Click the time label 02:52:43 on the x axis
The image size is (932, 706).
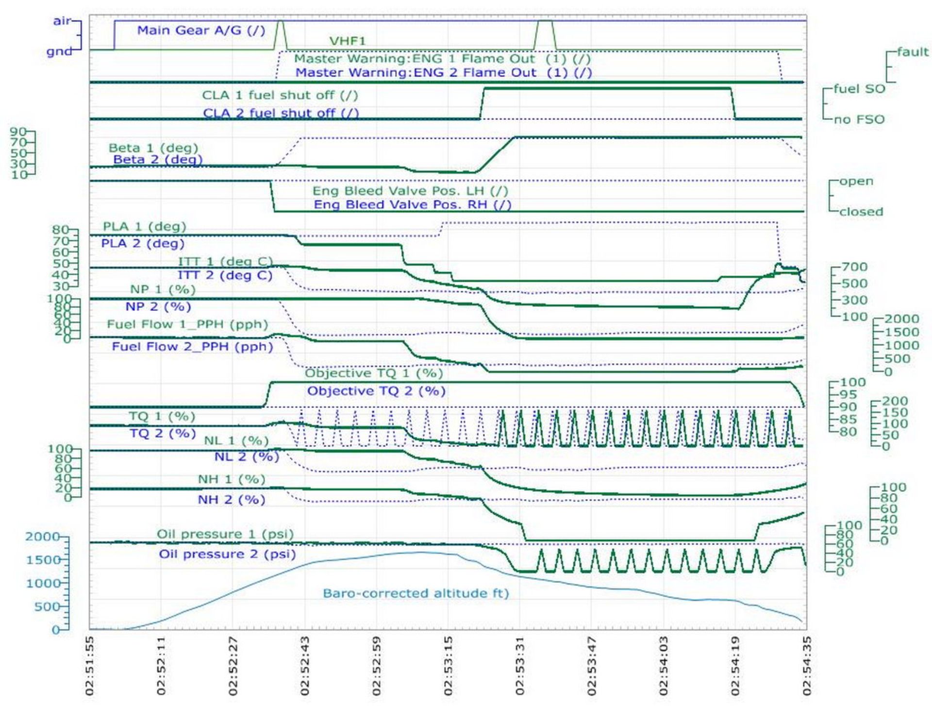(x=304, y=665)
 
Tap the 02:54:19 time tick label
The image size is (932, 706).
(x=735, y=665)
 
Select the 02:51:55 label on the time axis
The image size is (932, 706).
(x=89, y=665)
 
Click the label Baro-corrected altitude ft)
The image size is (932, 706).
(x=416, y=593)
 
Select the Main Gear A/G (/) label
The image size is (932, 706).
(x=201, y=30)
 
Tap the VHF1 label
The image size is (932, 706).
(x=347, y=41)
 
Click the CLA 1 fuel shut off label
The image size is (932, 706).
(x=280, y=95)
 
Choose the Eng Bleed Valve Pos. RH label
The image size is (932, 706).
(x=412, y=204)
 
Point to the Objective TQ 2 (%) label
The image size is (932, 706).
(x=376, y=391)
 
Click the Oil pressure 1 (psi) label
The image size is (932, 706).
(x=225, y=534)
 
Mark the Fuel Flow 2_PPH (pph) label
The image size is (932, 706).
(x=192, y=347)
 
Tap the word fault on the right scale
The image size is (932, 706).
(x=912, y=51)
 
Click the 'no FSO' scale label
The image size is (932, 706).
(x=859, y=119)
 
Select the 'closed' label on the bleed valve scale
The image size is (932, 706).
(x=861, y=212)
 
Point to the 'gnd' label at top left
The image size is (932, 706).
(x=59, y=51)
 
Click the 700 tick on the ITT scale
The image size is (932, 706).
(x=854, y=267)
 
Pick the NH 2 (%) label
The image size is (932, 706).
(x=231, y=500)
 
